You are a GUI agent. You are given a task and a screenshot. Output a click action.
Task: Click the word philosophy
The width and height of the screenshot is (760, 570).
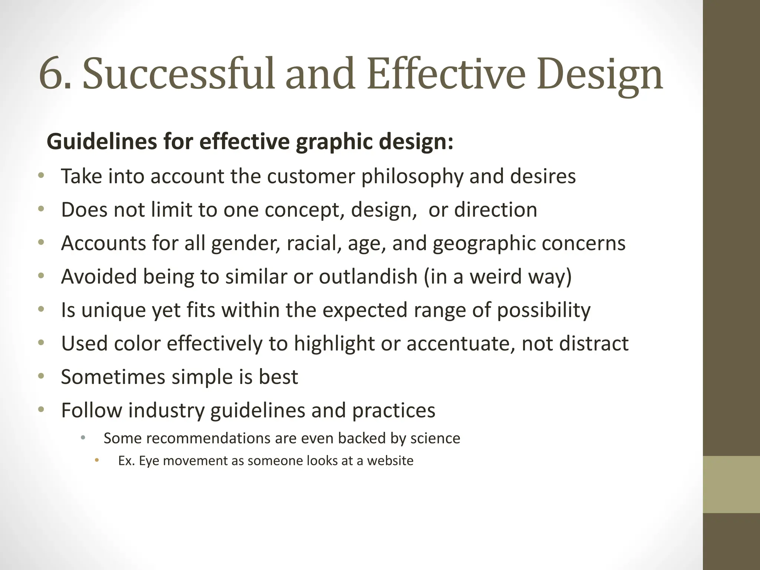click(412, 177)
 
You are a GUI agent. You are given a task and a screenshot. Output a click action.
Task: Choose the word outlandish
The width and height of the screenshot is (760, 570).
click(368, 276)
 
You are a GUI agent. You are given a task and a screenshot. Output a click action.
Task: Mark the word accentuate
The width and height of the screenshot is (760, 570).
click(460, 343)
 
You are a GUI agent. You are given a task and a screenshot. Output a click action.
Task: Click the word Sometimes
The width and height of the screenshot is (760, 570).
click(113, 377)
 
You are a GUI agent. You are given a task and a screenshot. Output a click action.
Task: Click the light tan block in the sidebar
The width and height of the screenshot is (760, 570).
click(731, 484)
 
